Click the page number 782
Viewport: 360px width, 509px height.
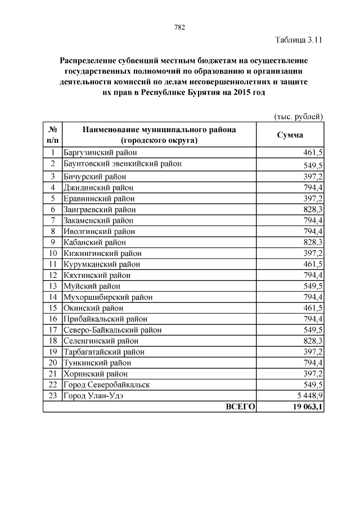[x=180, y=27]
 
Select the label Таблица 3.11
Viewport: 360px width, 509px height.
[x=298, y=40]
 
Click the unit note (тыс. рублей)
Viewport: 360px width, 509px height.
[x=298, y=116]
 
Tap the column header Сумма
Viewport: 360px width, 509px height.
[x=290, y=135]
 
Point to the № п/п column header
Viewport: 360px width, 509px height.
[x=52, y=135]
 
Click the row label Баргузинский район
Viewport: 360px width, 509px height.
[x=101, y=152]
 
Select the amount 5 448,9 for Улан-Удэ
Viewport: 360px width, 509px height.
[x=308, y=396]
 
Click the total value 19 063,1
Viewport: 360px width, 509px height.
[x=304, y=407]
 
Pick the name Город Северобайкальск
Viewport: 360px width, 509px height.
[x=106, y=385]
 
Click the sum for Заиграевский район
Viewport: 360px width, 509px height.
[x=312, y=209]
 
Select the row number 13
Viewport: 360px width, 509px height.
[x=53, y=286]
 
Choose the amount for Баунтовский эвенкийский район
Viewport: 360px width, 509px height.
[x=312, y=165]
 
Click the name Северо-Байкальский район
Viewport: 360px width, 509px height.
[x=112, y=330]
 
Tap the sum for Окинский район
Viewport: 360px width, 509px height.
[x=312, y=308]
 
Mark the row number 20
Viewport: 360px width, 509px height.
[x=53, y=363]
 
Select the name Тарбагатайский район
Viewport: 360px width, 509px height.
[x=104, y=352]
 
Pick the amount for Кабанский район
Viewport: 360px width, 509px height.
[x=312, y=242]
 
